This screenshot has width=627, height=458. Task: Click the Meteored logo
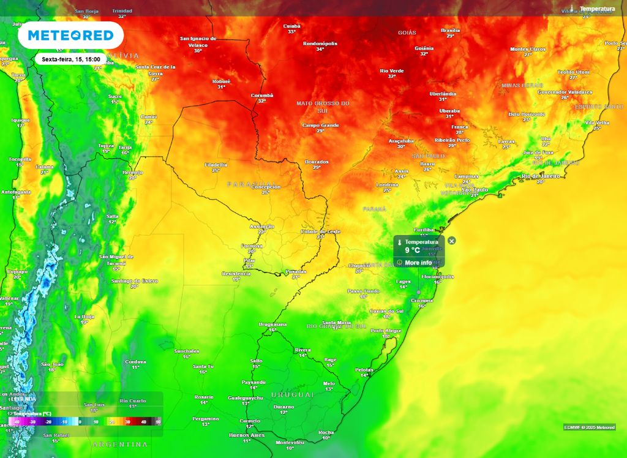70,36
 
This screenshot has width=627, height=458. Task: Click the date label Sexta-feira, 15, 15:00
72,59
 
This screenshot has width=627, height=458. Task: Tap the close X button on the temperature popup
452,241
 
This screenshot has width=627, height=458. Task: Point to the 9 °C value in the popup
413,250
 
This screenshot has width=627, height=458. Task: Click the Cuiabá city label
291,26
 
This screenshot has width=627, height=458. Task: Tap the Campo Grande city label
320,126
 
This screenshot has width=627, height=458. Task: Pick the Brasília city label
450,30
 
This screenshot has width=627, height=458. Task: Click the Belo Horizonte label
527,114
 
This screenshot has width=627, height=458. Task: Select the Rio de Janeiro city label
541,176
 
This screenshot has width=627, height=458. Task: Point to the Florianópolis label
438,277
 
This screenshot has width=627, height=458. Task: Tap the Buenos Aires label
246,435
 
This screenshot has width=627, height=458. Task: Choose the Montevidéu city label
290,441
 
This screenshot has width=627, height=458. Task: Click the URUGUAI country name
292,395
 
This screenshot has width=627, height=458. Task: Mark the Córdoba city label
135,362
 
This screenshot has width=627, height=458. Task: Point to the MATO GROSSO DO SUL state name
323,107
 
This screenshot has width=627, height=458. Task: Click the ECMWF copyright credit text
589,427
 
